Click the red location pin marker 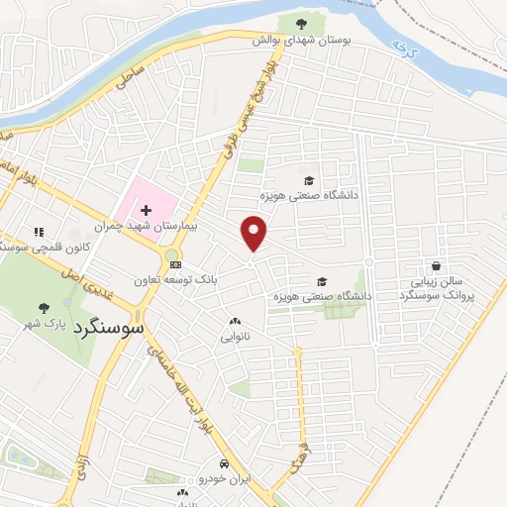pos(254,234)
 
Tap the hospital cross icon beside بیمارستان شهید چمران pos(147,211)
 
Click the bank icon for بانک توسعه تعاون pos(175,264)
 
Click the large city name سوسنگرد pos(108,326)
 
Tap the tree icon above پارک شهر pos(43,308)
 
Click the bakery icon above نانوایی pos(235,322)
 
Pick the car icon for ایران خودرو pos(225,463)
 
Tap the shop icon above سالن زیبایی pos(436,265)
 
